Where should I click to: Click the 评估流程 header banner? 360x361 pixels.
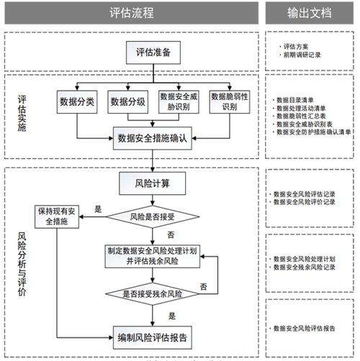pyautogui.click(x=131, y=12)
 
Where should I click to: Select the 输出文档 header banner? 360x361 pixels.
pyautogui.click(x=311, y=12)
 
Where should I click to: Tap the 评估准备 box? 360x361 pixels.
pyautogui.click(x=153, y=52)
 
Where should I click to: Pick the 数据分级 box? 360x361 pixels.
pyautogui.click(x=129, y=102)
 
